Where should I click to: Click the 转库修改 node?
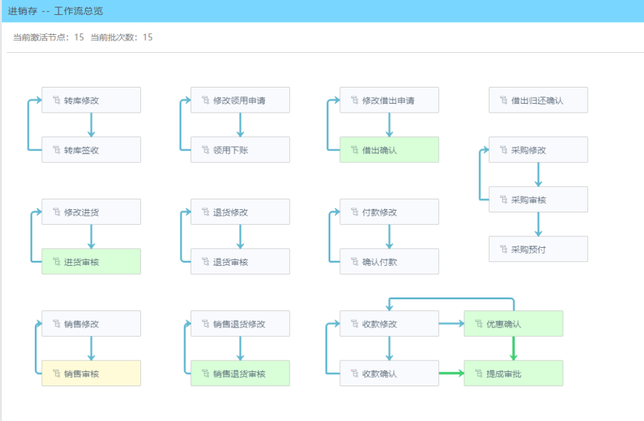91,100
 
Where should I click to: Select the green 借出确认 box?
389,149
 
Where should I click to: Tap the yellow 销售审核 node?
91,373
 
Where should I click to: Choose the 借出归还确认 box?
538,100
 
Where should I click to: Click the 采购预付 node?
538,249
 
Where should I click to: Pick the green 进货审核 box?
91,261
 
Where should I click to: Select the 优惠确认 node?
513,324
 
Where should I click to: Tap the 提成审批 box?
513,373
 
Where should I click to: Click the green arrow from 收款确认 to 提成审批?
451,373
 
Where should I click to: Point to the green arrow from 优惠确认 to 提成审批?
513,348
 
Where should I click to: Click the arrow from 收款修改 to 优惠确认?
451,324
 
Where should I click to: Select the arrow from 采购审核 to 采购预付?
538,224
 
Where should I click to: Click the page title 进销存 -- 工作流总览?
55,11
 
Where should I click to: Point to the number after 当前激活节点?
79,37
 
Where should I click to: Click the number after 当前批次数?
147,37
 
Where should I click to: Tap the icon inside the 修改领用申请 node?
205,100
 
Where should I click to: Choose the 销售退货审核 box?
240,373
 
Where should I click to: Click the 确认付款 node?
389,261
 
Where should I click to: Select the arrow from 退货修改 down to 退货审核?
240,237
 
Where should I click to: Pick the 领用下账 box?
240,149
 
